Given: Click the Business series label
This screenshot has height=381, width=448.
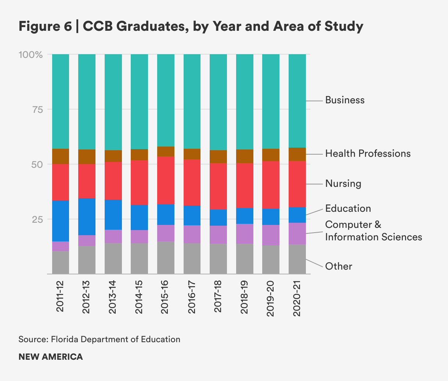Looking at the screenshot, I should coord(344,100).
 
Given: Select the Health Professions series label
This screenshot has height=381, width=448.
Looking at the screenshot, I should coord(368,153).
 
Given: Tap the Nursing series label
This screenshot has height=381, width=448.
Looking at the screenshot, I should coord(343,184).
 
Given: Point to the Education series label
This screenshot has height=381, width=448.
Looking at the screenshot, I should coord(348,208).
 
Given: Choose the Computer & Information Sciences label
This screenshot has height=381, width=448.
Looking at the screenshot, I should coord(373,231).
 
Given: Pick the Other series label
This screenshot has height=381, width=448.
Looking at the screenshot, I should coord(338,266).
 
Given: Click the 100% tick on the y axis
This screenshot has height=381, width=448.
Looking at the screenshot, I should coord(31,55).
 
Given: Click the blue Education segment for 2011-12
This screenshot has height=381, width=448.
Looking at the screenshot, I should coord(60,221).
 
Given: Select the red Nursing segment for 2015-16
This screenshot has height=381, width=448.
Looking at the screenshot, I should coord(165,180).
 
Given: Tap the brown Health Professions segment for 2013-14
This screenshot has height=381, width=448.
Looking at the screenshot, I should coord(113,156).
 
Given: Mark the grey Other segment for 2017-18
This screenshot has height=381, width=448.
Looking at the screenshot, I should coord(218,259).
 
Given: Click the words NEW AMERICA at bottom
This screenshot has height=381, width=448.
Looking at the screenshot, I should coord(51,357).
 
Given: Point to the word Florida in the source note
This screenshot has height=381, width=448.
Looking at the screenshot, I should coord(64,339).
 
